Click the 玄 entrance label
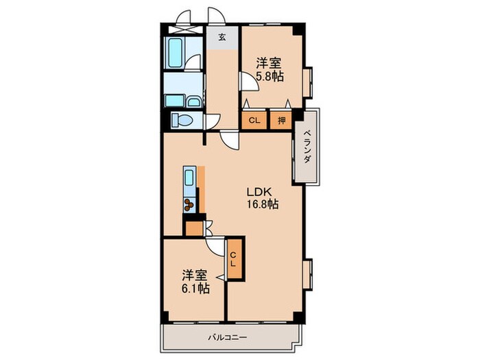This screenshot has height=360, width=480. (222, 37)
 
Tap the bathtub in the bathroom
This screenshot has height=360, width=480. (175, 53)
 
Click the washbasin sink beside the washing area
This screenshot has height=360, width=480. (193, 101)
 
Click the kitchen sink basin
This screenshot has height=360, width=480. (189, 178)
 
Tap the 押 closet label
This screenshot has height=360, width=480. (281, 120)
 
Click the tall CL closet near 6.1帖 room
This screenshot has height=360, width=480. (235, 259)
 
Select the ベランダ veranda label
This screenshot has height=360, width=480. (307, 147)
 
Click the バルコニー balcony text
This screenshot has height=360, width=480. (228, 337)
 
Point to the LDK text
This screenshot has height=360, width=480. (259, 192)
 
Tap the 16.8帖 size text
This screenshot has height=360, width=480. (263, 204)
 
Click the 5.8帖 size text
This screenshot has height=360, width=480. (269, 76)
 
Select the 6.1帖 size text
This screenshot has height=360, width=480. (195, 288)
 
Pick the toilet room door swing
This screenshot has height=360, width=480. (213, 121)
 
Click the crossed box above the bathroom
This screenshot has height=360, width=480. (186, 29)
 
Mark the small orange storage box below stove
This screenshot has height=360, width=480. (194, 228)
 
